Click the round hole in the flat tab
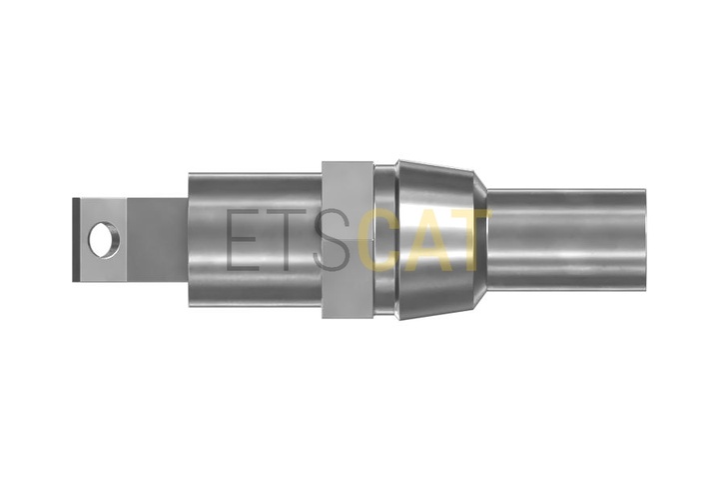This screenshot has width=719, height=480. [x=105, y=240]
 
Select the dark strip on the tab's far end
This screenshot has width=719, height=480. [x=76, y=240]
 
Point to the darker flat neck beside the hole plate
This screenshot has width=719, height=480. [x=158, y=240]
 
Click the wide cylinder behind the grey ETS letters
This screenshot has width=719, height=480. [x=255, y=240]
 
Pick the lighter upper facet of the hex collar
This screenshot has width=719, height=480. [x=348, y=200]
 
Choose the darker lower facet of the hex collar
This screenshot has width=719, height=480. [x=348, y=279]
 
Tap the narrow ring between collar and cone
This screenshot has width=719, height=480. [x=385, y=240]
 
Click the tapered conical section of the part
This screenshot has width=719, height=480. [x=436, y=240]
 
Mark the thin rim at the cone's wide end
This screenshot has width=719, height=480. [x=399, y=240]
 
